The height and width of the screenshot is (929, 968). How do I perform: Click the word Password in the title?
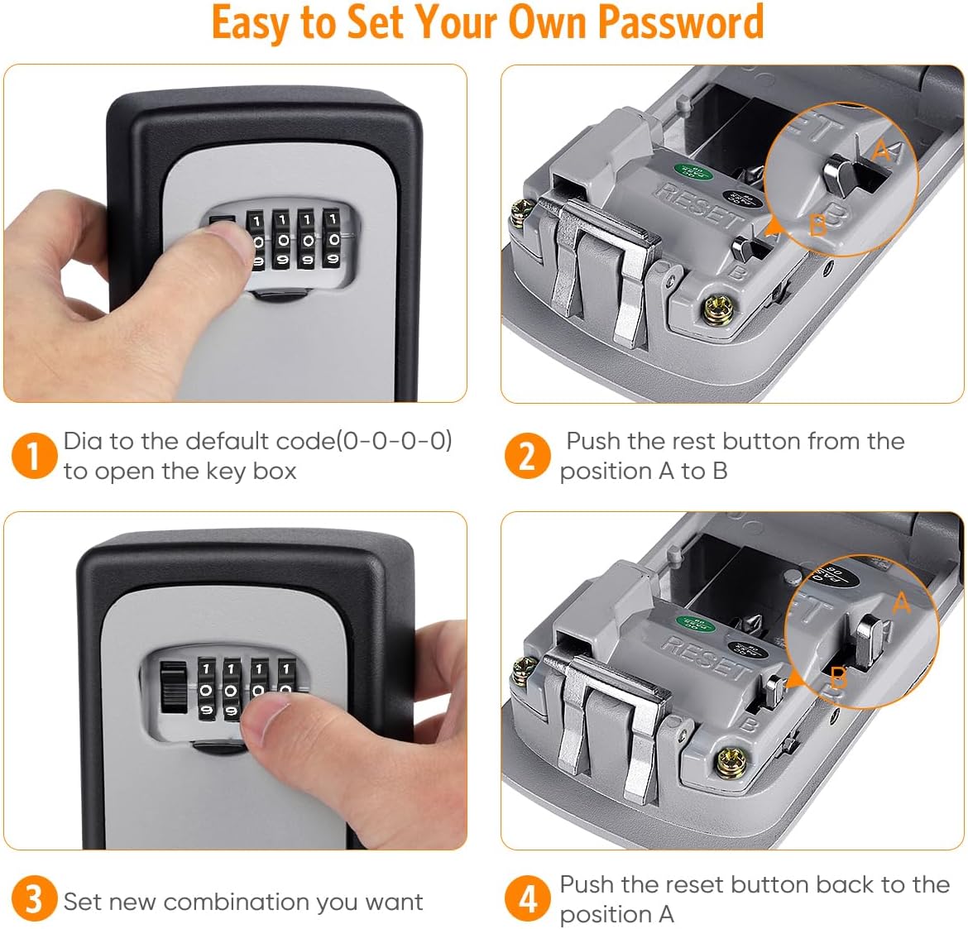pyautogui.click(x=680, y=22)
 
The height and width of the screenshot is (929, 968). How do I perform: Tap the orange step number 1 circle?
pyautogui.click(x=34, y=456)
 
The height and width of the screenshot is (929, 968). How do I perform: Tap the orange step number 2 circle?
pyautogui.click(x=527, y=456)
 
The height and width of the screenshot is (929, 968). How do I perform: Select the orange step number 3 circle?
pyautogui.click(x=34, y=899)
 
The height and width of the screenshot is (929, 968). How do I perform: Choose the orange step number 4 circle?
pyautogui.click(x=527, y=899)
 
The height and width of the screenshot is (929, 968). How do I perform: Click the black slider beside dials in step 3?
pyautogui.click(x=172, y=686)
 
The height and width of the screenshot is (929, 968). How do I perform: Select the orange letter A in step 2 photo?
pyautogui.click(x=882, y=151)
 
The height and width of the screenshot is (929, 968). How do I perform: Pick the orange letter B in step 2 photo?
pyautogui.click(x=817, y=224)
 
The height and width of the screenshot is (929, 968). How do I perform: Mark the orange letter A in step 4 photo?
pyautogui.click(x=902, y=603)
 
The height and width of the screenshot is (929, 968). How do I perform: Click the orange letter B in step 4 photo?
pyautogui.click(x=838, y=678)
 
